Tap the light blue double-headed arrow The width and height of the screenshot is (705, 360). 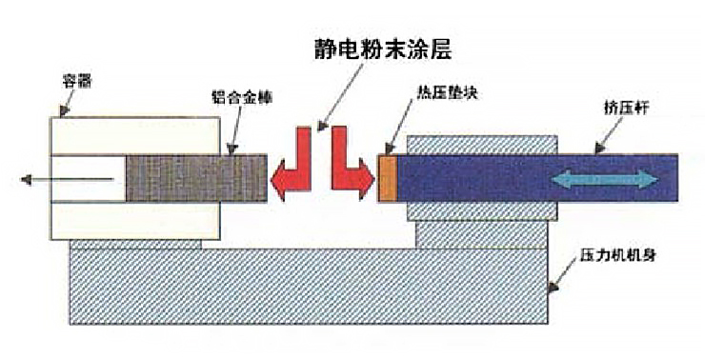[605, 178]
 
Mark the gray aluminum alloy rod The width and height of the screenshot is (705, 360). [195, 179]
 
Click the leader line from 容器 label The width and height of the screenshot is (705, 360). [65, 104]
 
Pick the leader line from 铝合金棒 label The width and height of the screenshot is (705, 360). [233, 129]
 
